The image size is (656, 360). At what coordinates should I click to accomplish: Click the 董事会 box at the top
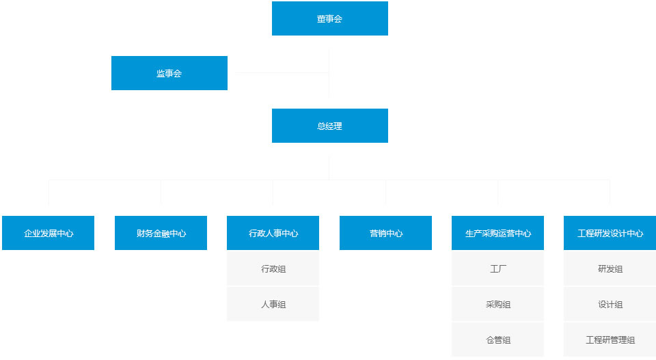point(329,18)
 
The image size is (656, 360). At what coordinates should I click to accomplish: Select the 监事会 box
point(169,73)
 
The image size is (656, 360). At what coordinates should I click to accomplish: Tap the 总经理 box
point(329,126)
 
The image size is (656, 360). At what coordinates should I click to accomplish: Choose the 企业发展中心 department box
point(48,233)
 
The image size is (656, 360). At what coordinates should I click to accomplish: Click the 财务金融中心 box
point(161,233)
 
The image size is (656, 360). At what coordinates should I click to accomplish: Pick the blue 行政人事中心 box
point(273,233)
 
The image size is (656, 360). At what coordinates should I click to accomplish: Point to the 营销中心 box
point(385,233)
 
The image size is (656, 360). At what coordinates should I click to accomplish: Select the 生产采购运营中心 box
point(497,233)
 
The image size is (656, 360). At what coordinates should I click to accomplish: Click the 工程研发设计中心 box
point(610,233)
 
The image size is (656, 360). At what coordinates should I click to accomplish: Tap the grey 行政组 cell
point(273,268)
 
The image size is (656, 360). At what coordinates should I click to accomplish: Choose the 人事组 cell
point(273,304)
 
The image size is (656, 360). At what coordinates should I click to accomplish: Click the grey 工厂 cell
point(497,268)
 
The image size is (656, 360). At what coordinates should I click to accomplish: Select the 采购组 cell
point(497,304)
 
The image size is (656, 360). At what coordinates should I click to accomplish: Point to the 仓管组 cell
point(497,340)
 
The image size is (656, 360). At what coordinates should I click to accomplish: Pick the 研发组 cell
point(610,268)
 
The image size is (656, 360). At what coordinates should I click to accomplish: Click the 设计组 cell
point(610,304)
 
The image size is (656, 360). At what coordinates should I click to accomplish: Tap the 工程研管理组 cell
point(610,340)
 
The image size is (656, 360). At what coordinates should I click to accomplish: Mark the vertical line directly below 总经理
point(329,167)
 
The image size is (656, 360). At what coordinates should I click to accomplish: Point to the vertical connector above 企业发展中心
point(49,193)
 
